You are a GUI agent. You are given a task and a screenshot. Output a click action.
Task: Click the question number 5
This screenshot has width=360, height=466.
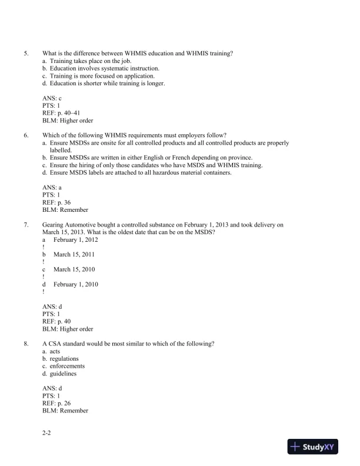pos(25,53)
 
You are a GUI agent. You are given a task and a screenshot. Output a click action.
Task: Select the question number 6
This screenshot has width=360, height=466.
pos(25,135)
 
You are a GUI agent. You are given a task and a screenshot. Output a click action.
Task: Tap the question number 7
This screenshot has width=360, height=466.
pos(25,224)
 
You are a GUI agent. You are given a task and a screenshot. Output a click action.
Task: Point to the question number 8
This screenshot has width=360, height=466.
pos(25,343)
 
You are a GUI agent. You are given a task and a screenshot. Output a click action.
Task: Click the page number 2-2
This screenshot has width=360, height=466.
pos(48,432)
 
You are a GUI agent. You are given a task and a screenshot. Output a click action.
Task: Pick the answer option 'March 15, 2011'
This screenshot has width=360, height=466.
pos(74,254)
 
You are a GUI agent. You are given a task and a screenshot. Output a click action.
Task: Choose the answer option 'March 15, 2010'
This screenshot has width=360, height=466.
pos(74,269)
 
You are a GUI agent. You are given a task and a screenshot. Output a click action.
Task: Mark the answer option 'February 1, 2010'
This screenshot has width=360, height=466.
pos(75,284)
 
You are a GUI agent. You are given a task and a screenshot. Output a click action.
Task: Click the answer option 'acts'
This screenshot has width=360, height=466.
pos(55,351)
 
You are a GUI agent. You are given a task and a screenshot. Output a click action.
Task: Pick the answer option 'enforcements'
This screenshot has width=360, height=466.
pos(66,366)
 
